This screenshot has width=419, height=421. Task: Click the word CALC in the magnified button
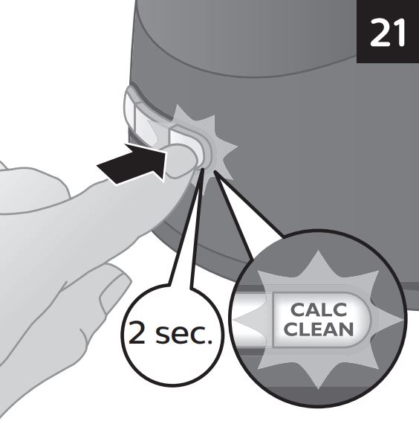coord(319,309)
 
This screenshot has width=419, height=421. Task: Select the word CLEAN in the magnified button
coord(319,329)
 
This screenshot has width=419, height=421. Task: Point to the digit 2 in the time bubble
coord(137,332)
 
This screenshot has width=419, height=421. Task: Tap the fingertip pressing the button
coord(181,161)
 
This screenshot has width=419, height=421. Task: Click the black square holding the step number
coord(388,31)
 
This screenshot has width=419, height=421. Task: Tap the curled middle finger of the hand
coord(107,285)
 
